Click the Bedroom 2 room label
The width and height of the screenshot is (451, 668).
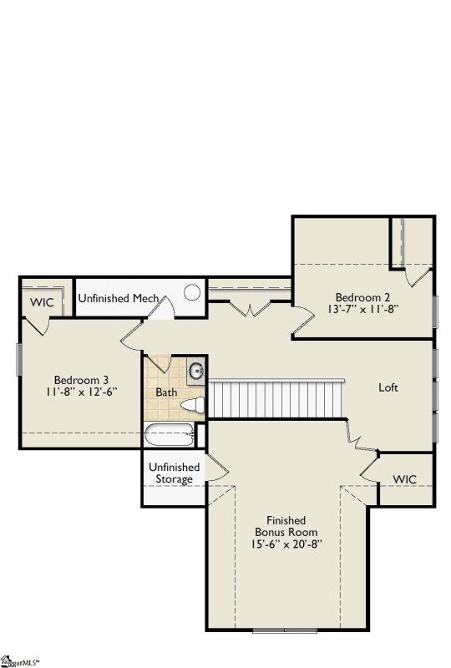pyautogui.click(x=362, y=297)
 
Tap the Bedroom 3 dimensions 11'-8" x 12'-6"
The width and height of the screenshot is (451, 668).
pyautogui.click(x=81, y=391)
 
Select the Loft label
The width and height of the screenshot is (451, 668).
pyautogui.click(x=388, y=387)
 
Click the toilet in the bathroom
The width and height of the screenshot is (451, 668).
pyautogui.click(x=193, y=405)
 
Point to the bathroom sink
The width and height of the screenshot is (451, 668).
pyautogui.click(x=196, y=370)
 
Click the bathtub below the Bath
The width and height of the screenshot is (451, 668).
pyautogui.click(x=170, y=435)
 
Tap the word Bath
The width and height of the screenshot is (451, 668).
pyautogui.click(x=166, y=392)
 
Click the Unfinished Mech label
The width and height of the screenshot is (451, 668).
pyautogui.click(x=119, y=298)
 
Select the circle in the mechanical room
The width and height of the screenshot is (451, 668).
pyautogui.click(x=192, y=292)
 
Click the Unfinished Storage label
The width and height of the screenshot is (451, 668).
pyautogui.click(x=174, y=473)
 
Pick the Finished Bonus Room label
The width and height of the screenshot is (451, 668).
pyautogui.click(x=286, y=526)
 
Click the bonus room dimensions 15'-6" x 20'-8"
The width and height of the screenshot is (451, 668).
pyautogui.click(x=286, y=544)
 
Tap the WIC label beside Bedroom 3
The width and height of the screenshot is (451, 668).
pyautogui.click(x=42, y=302)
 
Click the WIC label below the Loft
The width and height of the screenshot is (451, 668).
pyautogui.click(x=404, y=478)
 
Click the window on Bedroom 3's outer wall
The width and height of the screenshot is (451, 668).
pyautogui.click(x=18, y=360)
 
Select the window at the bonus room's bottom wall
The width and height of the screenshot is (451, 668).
pyautogui.click(x=285, y=630)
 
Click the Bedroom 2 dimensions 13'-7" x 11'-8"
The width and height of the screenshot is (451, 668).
pyautogui.click(x=362, y=308)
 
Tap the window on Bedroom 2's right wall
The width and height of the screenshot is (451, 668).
pyautogui.click(x=435, y=311)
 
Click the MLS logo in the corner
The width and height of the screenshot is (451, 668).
pyautogui.click(x=19, y=662)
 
